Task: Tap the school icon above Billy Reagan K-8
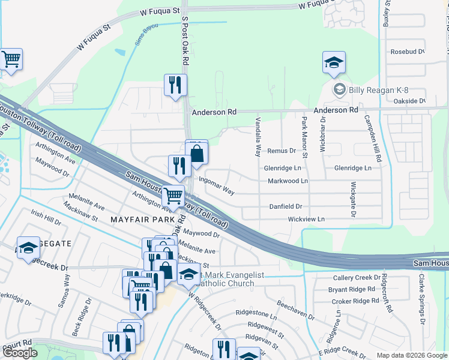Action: coord(334,62)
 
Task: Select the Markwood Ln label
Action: coord(288,181)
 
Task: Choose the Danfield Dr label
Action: coord(285,206)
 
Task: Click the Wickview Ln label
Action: coord(306,220)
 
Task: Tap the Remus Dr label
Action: coord(282,151)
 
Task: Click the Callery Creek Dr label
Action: coord(357,278)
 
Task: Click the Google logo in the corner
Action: coord(19,353)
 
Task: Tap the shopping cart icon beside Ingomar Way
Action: coord(173,195)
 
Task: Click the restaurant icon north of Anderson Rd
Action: coord(175,85)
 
